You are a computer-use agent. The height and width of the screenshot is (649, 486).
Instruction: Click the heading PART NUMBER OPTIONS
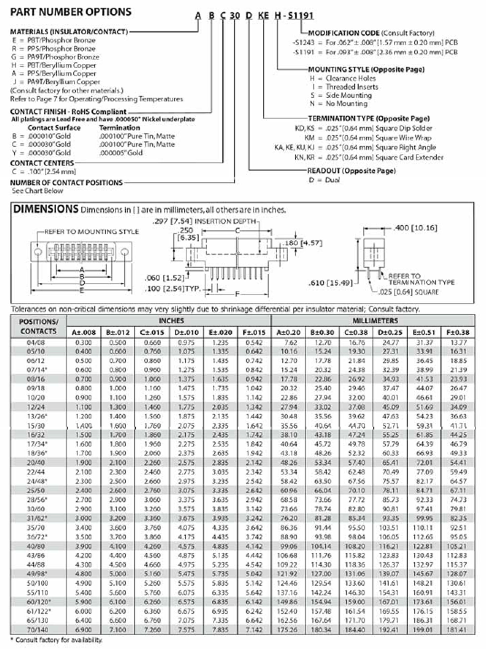tap(71, 12)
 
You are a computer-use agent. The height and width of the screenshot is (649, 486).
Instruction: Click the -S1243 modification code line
tap(375, 43)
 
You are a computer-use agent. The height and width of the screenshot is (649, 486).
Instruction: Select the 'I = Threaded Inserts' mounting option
tap(345, 87)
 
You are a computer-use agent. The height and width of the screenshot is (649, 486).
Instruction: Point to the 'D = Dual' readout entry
tap(324, 180)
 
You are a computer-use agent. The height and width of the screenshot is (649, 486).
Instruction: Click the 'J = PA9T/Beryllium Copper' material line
tap(56, 82)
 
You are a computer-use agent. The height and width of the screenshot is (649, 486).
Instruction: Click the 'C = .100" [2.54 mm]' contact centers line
tap(44, 172)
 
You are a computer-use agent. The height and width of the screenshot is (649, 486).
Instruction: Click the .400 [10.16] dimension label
tap(415, 228)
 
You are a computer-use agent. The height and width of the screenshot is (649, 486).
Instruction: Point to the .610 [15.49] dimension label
tap(330, 283)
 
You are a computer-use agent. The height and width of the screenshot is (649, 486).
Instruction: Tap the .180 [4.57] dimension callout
tap(303, 243)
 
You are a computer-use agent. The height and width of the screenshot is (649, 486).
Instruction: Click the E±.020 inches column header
tap(220, 332)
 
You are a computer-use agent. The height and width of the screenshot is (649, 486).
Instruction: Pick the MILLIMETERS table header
tap(375, 321)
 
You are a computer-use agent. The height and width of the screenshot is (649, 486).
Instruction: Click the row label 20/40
tap(36, 463)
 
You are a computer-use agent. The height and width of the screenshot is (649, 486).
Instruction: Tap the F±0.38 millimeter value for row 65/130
tap(458, 621)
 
